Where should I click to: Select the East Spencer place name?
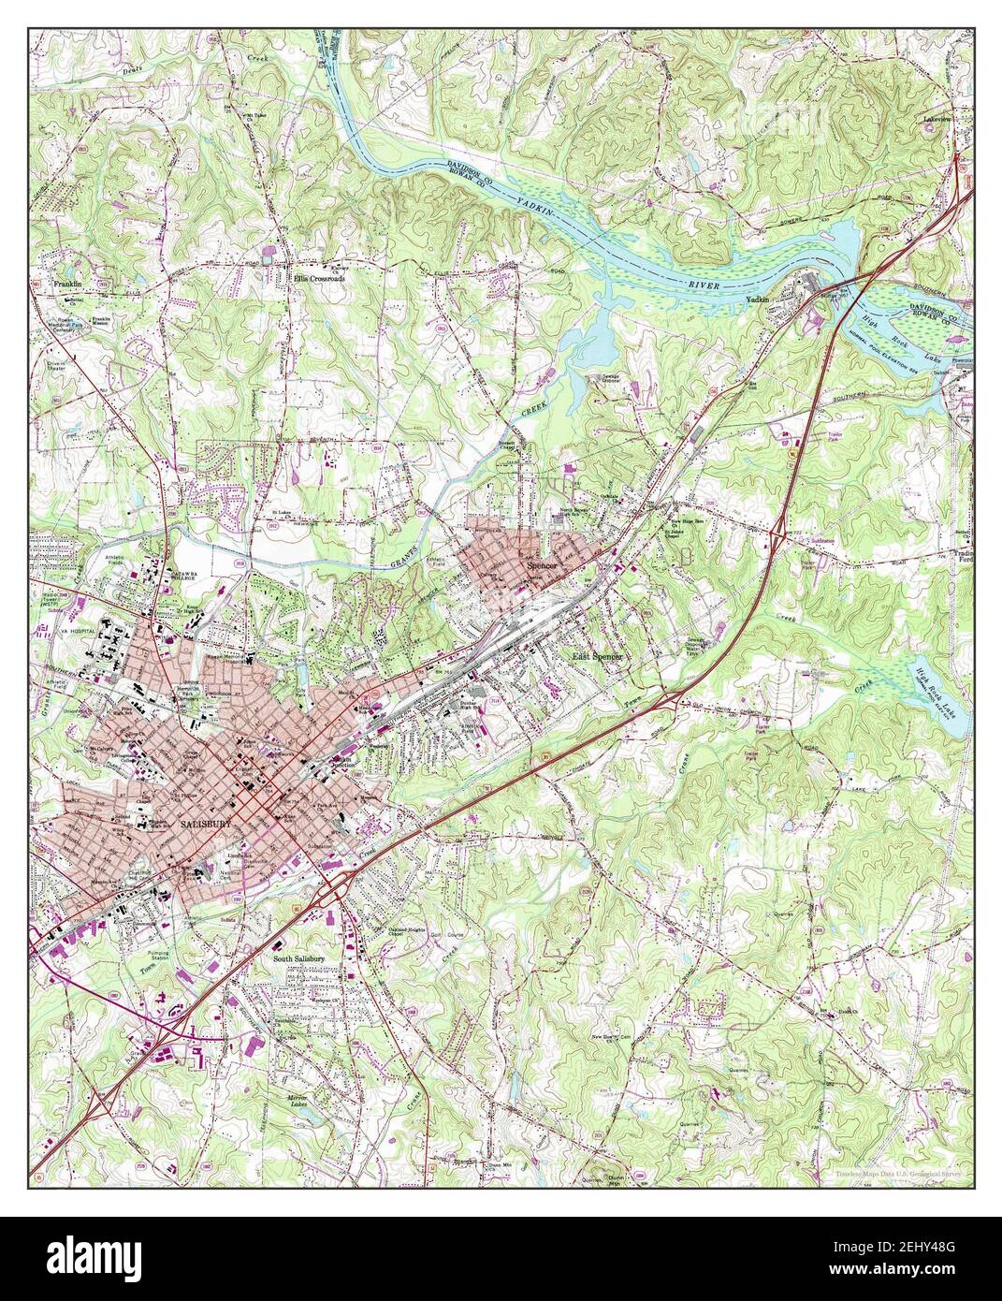click(603, 658)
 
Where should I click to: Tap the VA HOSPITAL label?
click(54, 631)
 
